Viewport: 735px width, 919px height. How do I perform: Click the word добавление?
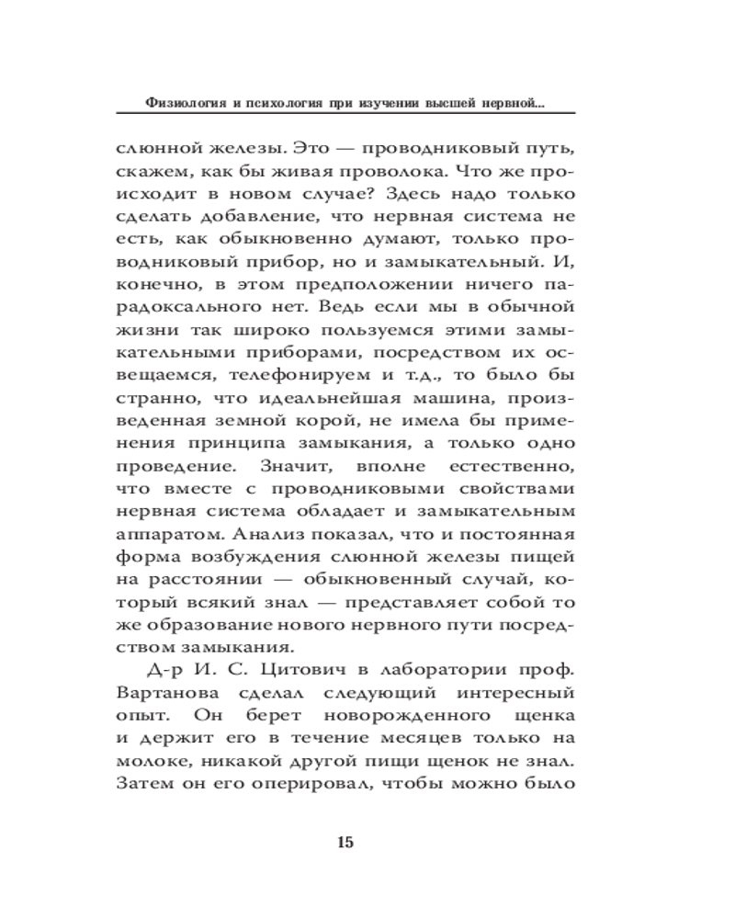click(241, 222)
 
